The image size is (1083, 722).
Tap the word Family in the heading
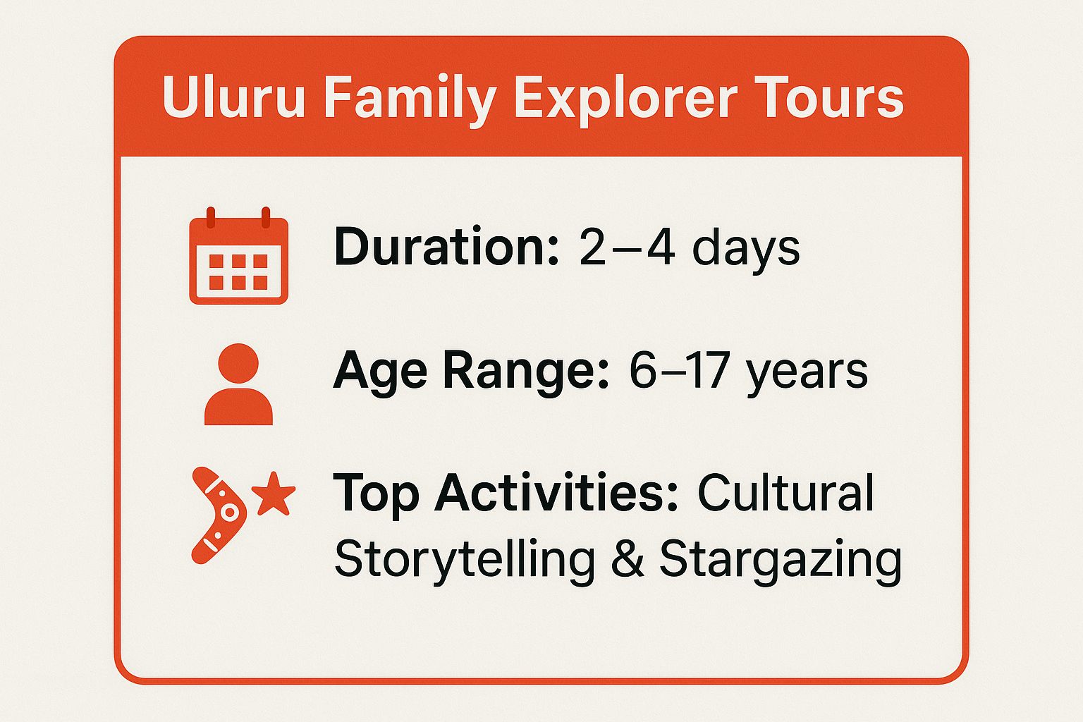coord(410,98)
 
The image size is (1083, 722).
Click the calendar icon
coord(238,257)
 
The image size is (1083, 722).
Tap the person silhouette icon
coord(238,384)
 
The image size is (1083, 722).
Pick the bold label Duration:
coord(446,247)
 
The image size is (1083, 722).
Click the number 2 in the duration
coord(593,247)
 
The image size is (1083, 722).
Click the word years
coord(808,372)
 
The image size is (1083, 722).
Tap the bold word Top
coord(377,494)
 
